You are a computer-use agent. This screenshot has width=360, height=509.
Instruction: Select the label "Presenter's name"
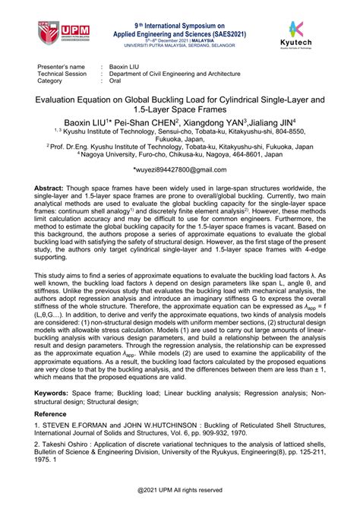[x=58, y=67]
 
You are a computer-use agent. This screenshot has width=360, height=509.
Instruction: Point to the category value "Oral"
[x=116, y=80]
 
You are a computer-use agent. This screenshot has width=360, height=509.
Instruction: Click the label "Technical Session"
[x=62, y=74]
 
